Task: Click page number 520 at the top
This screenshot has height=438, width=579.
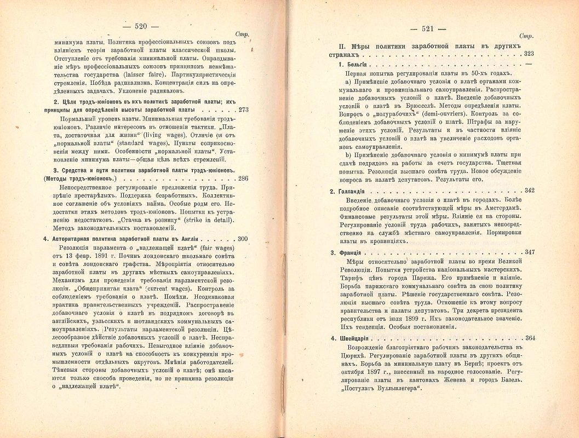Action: point(142,25)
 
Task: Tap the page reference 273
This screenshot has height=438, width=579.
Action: point(244,109)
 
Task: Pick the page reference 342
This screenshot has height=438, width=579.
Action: point(529,191)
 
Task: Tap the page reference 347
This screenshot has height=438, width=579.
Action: point(529,252)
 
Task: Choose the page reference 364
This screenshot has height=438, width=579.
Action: point(529,338)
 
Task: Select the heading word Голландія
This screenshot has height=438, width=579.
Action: point(360,191)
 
